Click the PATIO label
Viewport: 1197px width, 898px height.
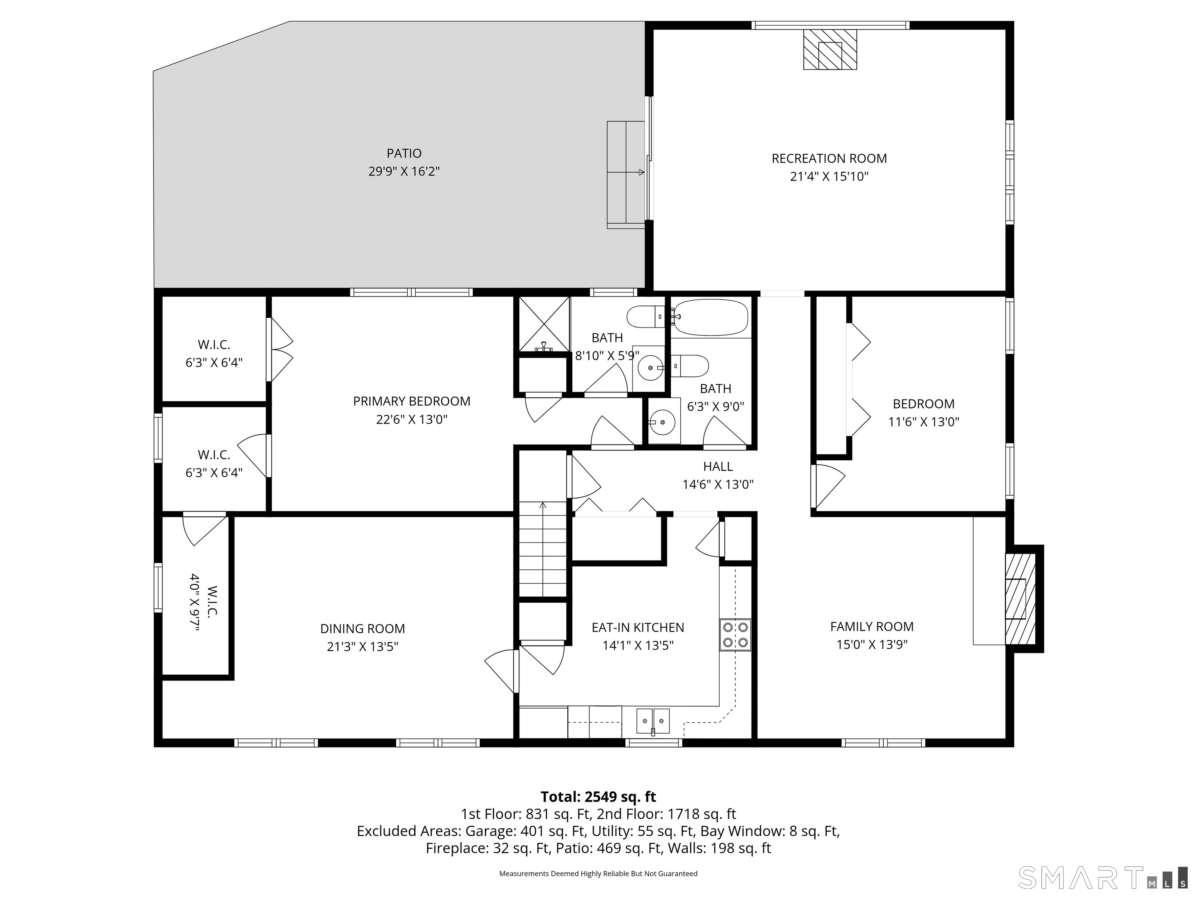[404, 154]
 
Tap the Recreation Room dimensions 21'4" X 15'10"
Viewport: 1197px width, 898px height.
[829, 177]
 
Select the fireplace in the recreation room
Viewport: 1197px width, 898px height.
[830, 49]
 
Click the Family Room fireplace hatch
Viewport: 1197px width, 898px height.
[1020, 599]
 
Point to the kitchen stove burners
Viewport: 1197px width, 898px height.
[735, 635]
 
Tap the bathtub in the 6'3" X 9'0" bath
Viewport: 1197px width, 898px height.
[710, 318]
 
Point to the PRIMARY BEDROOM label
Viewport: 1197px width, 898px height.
[412, 401]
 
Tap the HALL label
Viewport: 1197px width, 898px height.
[718, 467]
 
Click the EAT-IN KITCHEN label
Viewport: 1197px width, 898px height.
[638, 628]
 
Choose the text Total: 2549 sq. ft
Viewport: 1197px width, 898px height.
[598, 797]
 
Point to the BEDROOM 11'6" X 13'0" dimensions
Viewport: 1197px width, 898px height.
[924, 422]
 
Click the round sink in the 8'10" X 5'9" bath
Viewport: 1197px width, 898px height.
[650, 368]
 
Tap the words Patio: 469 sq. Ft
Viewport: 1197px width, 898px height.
[627, 848]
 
